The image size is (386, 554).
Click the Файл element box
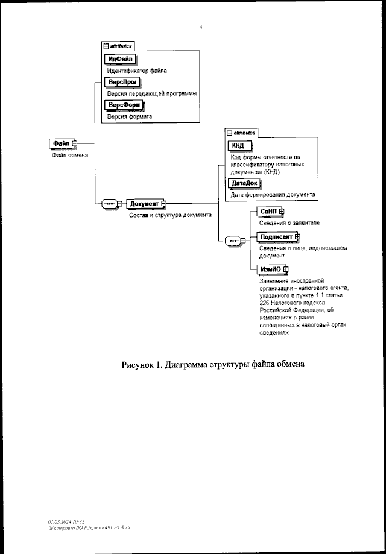60,143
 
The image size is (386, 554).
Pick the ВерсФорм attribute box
124,105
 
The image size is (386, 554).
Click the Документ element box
144,204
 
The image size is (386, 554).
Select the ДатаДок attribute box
244,183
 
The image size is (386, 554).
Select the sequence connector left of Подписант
232,241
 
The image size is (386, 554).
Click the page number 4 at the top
200,27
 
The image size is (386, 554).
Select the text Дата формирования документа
273,195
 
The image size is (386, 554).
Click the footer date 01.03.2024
59,520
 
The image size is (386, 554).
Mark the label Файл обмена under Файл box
68,155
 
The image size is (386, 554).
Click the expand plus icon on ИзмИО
286,269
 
